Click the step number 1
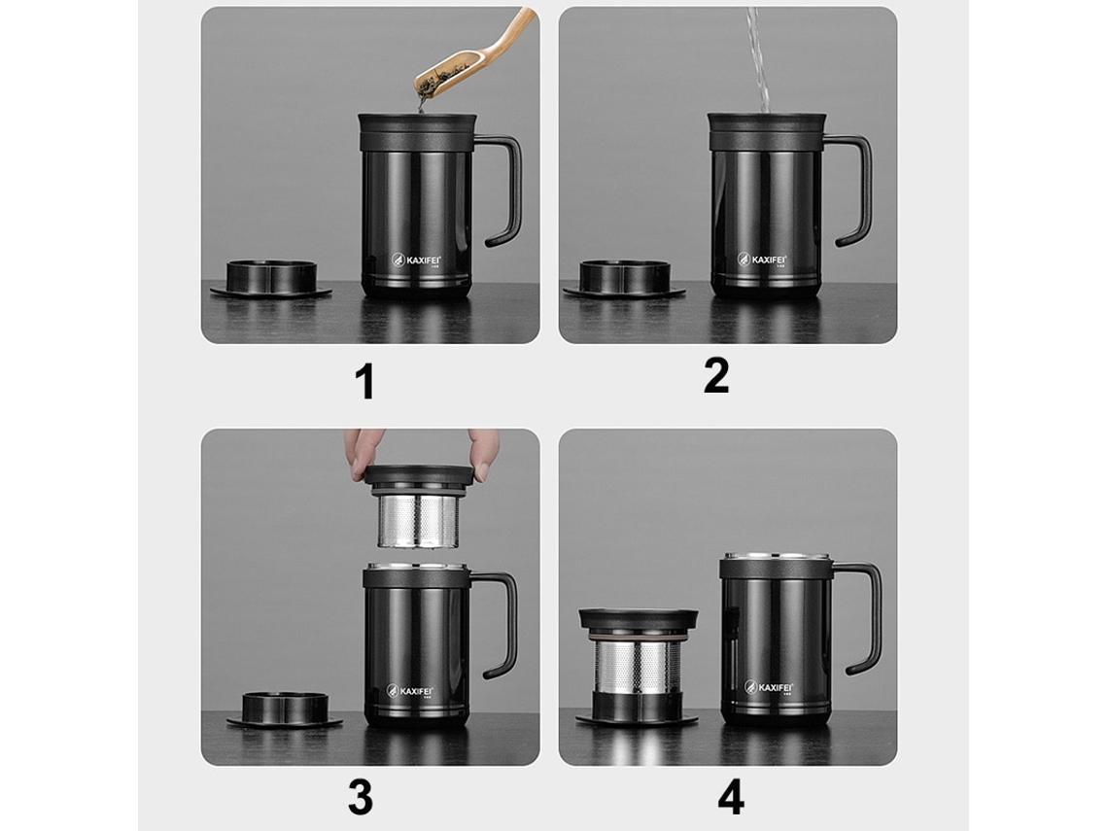pos(364,381)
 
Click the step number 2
pos(716,375)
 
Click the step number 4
pos(731,797)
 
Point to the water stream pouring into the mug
pos(757,58)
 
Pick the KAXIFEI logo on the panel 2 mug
pos(763,260)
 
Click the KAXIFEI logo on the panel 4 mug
pos(771,686)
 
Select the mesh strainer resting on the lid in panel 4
pos(637,665)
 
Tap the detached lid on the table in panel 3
pos(285,710)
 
